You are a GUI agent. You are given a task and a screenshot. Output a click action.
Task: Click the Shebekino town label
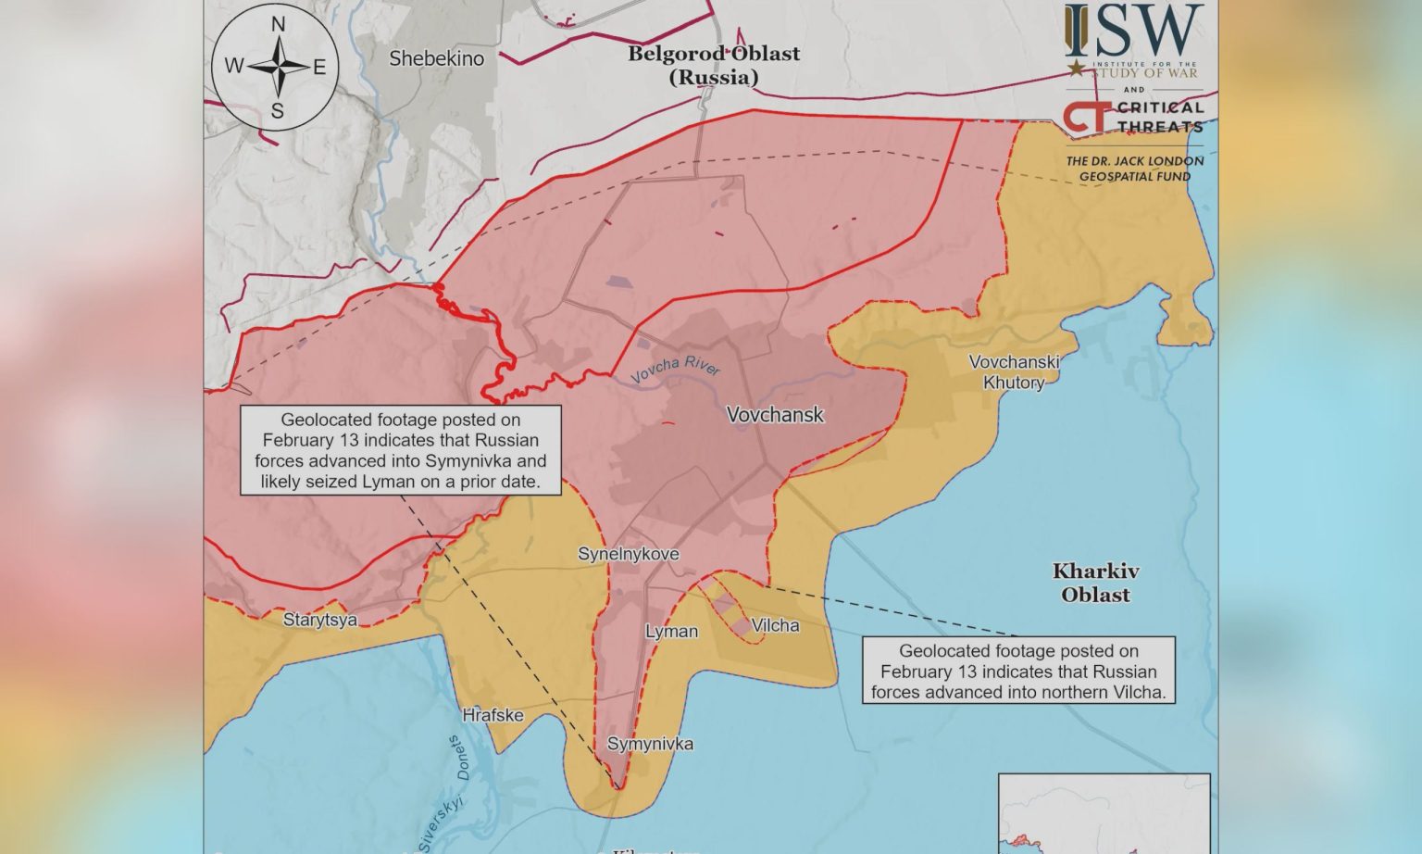click(x=436, y=58)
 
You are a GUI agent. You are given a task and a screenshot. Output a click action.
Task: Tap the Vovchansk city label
click(x=775, y=415)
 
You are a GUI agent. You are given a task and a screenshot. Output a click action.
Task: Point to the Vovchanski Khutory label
click(x=1014, y=372)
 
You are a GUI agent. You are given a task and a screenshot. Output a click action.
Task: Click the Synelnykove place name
click(x=629, y=554)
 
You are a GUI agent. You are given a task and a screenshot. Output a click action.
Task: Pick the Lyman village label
click(x=671, y=631)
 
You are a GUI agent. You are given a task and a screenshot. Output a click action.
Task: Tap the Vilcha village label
click(x=775, y=625)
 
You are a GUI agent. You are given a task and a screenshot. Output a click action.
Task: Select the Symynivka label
click(x=650, y=744)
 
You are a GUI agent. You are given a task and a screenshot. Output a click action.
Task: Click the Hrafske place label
click(x=493, y=715)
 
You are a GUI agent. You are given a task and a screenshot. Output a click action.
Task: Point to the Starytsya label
click(x=320, y=620)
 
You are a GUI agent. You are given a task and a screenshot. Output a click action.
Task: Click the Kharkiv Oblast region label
click(x=1095, y=583)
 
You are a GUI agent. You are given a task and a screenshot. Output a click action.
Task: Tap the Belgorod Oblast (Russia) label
click(x=714, y=65)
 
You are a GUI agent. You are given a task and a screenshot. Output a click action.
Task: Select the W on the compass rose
click(x=233, y=66)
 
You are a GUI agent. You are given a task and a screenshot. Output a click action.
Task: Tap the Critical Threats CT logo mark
click(x=1085, y=117)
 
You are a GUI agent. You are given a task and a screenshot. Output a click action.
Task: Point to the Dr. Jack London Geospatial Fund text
click(x=1134, y=168)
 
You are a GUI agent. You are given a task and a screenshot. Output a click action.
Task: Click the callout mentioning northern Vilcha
click(x=1018, y=671)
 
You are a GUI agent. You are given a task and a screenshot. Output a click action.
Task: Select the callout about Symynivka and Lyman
click(x=400, y=450)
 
